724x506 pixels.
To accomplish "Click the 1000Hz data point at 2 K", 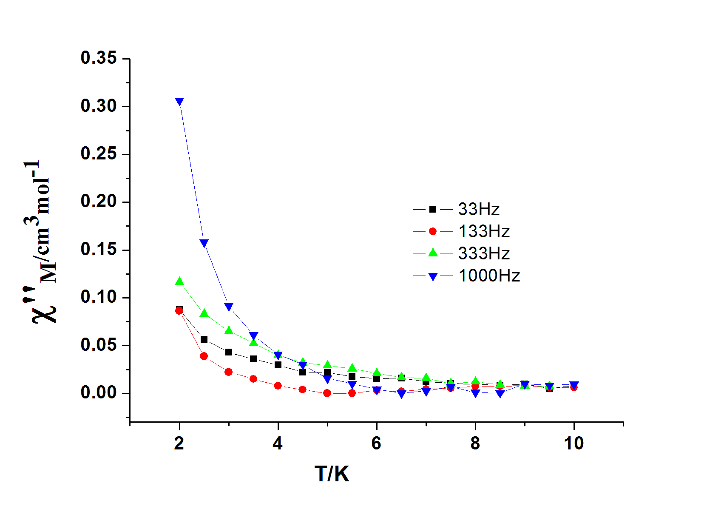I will point(179,102).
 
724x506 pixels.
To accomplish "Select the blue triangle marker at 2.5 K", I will point(204,243).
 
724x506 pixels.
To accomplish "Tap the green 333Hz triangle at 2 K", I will point(179,281).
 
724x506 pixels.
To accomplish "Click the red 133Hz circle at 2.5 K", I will point(204,356).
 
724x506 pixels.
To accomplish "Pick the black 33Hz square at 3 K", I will point(229,352).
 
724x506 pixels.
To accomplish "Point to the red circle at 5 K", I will point(327,393).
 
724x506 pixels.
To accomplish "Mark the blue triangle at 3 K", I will point(229,307).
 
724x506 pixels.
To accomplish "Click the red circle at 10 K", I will point(574,387).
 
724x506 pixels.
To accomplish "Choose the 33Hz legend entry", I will point(479,209).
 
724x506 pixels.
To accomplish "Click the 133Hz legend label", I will point(484,231).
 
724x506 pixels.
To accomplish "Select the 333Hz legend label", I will point(484,253).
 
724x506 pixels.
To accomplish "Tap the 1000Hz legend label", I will point(489,276).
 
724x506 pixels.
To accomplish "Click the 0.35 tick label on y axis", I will point(99,58).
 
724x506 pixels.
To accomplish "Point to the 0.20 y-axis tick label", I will point(99,201).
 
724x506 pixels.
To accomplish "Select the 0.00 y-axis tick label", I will point(99,392).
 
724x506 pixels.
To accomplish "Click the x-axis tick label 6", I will point(376,443).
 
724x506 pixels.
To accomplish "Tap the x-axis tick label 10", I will point(574,443).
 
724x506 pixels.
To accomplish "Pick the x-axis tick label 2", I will point(179,443).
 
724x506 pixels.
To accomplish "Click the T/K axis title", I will point(332,474).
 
